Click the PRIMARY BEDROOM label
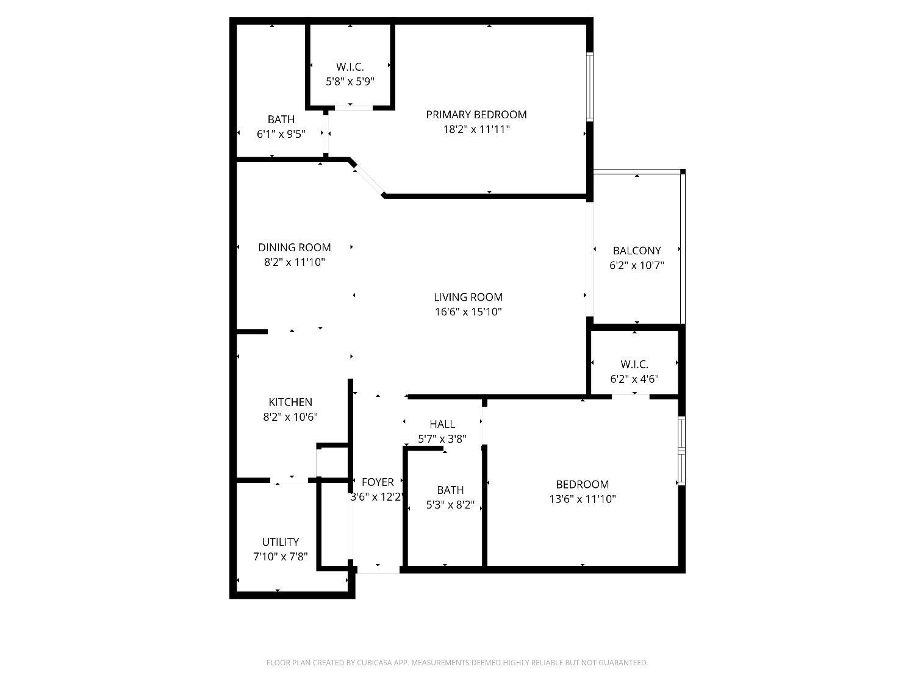click(476, 115)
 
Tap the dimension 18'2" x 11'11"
click(476, 129)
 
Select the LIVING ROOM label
click(468, 297)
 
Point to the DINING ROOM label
click(294, 247)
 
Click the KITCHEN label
click(290, 402)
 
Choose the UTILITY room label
click(280, 541)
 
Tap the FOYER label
click(378, 482)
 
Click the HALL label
click(442, 424)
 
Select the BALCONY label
click(636, 251)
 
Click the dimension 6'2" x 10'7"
click(636, 265)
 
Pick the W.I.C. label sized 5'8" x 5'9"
click(350, 67)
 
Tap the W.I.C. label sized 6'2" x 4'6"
click(634, 364)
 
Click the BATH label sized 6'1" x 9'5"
click(281, 120)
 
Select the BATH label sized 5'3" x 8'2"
click(450, 490)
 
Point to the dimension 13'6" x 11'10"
click(582, 499)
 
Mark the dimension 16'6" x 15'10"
click(468, 312)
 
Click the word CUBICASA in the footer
click(373, 663)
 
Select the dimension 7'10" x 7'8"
click(280, 556)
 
